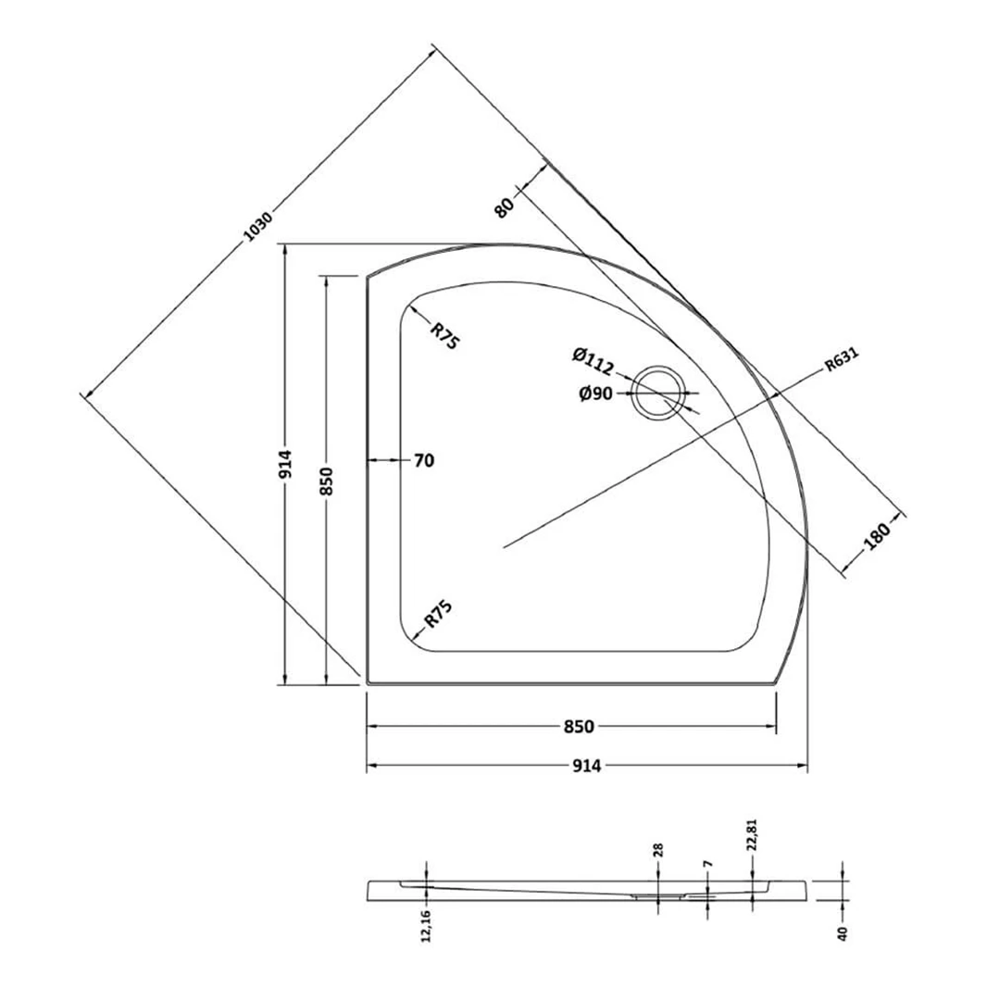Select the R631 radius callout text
(x=843, y=363)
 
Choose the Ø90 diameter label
(x=595, y=394)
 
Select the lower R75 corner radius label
(x=438, y=615)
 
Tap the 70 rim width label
(x=423, y=460)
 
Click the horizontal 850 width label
(x=577, y=727)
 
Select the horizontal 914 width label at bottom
(x=588, y=766)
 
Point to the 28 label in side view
(x=659, y=850)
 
